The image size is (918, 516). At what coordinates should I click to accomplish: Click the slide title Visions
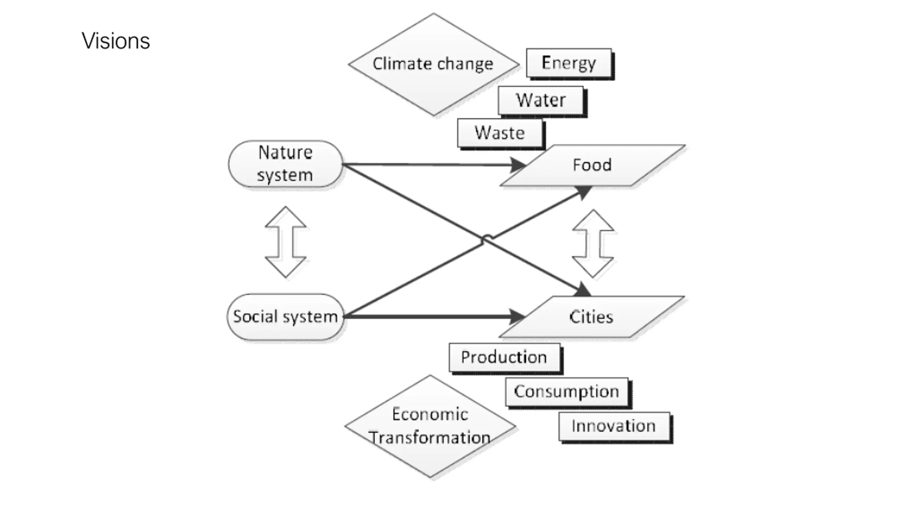click(115, 41)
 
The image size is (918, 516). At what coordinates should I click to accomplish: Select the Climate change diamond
click(433, 64)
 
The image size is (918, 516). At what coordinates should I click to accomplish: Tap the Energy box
click(569, 63)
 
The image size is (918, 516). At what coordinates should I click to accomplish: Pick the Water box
click(541, 100)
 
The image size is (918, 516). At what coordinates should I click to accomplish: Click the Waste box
click(500, 133)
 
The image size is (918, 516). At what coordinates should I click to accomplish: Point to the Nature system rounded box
click(285, 164)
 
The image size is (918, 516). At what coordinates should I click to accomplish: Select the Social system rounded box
click(285, 317)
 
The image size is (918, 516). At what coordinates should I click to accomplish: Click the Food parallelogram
click(592, 165)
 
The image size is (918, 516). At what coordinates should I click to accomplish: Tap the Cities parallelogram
click(592, 317)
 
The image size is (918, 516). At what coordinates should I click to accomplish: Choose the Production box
click(504, 357)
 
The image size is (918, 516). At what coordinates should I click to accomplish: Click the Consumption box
click(567, 391)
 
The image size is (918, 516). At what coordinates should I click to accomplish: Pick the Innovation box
click(614, 426)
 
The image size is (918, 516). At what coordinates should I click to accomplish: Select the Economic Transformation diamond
click(430, 426)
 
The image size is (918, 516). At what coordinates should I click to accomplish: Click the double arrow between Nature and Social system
click(285, 242)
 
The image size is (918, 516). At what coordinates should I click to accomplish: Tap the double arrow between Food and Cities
click(593, 244)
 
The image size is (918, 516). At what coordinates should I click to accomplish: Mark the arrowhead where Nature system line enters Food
click(518, 165)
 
